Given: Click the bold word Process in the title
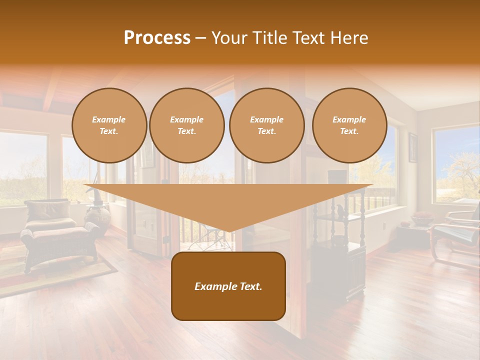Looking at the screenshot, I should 157,38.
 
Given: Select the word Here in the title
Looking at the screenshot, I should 349,38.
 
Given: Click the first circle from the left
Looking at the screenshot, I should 109,125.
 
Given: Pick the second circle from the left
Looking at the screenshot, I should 186,125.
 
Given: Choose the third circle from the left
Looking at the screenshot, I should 266,125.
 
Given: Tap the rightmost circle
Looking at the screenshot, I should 349,125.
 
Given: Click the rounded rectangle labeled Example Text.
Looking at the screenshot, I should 228,286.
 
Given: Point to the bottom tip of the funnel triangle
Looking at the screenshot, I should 229,231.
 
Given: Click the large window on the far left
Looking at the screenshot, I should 22,167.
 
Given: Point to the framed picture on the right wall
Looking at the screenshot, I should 413,147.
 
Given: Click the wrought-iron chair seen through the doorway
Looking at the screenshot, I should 212,237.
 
